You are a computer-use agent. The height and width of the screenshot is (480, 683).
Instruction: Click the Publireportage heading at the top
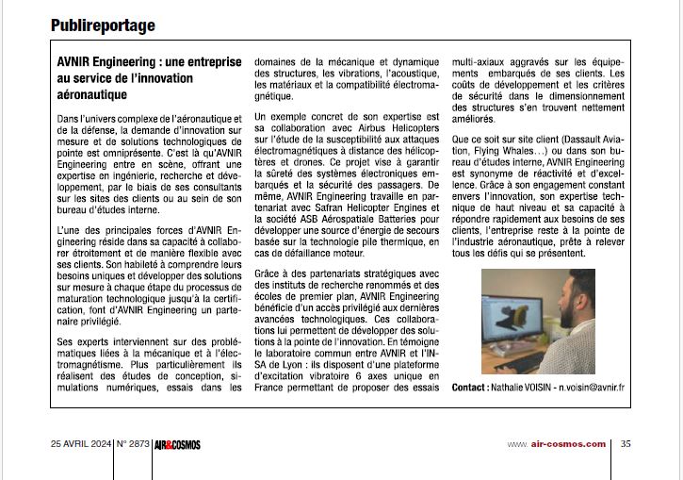point(103,25)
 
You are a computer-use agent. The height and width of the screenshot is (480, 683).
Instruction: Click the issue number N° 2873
point(135,444)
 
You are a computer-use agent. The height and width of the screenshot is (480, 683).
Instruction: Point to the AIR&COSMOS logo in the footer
point(178,444)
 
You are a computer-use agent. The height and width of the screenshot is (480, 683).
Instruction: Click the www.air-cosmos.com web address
point(557,444)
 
